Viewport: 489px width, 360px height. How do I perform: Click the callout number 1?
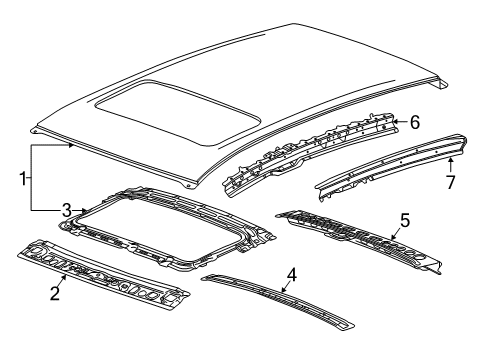click(x=23, y=179)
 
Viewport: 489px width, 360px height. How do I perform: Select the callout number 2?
click(x=55, y=293)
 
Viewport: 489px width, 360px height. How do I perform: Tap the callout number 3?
click(x=67, y=210)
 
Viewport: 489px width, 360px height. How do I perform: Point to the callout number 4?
click(x=291, y=275)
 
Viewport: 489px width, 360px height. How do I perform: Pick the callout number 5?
click(x=405, y=221)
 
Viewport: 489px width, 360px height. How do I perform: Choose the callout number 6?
click(x=415, y=122)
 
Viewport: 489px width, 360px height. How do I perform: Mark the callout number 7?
click(x=451, y=182)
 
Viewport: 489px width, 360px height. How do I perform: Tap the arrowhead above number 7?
click(x=450, y=161)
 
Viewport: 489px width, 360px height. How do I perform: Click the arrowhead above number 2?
click(x=64, y=277)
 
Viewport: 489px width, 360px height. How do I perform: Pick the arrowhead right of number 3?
click(x=85, y=210)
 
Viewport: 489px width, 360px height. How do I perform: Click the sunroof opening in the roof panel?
click(x=178, y=112)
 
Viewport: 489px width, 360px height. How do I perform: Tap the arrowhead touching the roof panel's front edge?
click(x=70, y=145)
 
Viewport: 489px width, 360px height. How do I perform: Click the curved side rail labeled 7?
click(x=391, y=167)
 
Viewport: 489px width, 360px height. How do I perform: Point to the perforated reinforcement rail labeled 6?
click(x=312, y=154)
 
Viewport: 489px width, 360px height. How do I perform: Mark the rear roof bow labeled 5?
click(x=359, y=241)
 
